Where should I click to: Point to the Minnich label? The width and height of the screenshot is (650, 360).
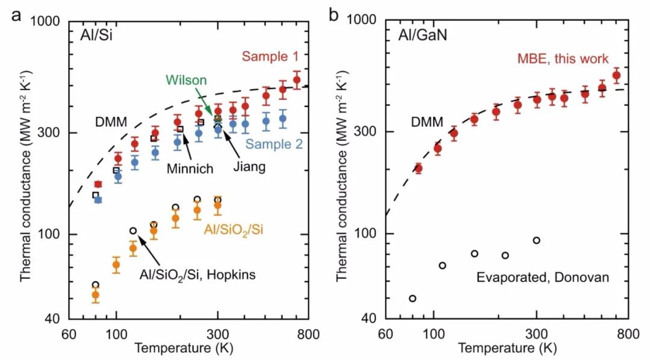pos(190,169)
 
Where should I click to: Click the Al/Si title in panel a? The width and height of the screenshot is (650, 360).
pos(98,36)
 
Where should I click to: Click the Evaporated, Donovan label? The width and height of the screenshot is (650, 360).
pos(543,278)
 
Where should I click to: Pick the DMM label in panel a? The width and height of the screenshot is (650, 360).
pos(111,123)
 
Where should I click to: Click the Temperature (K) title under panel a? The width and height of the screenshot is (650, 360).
pos(184,348)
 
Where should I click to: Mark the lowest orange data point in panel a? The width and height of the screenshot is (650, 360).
pos(95,295)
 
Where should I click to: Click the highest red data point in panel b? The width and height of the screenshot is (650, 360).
pos(616,76)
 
